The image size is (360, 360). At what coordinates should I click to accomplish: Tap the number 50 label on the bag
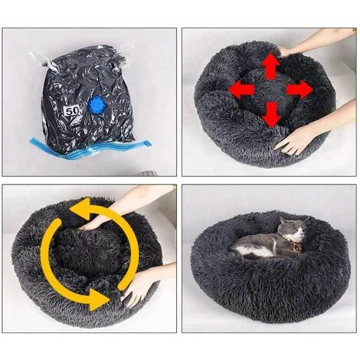[74, 111]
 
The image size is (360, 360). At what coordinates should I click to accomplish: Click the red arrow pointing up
[270, 67]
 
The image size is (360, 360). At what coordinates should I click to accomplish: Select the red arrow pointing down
[270, 115]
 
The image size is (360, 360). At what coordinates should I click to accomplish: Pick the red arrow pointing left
[242, 90]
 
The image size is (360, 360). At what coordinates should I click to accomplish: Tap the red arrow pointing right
[299, 90]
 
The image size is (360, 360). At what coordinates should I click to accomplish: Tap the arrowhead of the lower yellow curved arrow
[98, 300]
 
